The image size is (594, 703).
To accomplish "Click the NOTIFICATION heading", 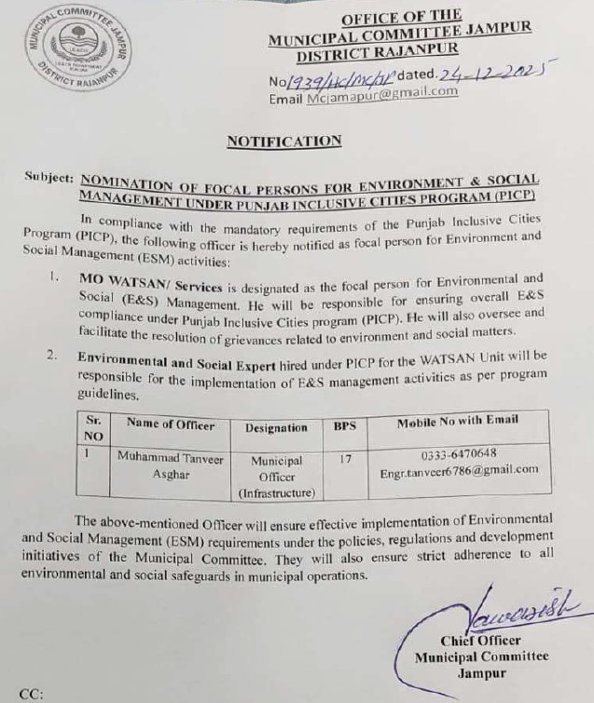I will [284, 141].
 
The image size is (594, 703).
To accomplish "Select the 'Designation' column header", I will [275, 427].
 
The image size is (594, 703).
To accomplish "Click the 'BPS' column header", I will [344, 426].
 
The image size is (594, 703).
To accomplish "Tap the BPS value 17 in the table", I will [344, 458].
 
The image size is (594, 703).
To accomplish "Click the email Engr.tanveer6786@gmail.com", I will [459, 470].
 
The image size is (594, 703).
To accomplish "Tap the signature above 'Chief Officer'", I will [497, 617].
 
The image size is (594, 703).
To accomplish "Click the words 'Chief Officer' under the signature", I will [481, 641].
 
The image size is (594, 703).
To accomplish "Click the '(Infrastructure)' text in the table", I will [277, 492].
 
